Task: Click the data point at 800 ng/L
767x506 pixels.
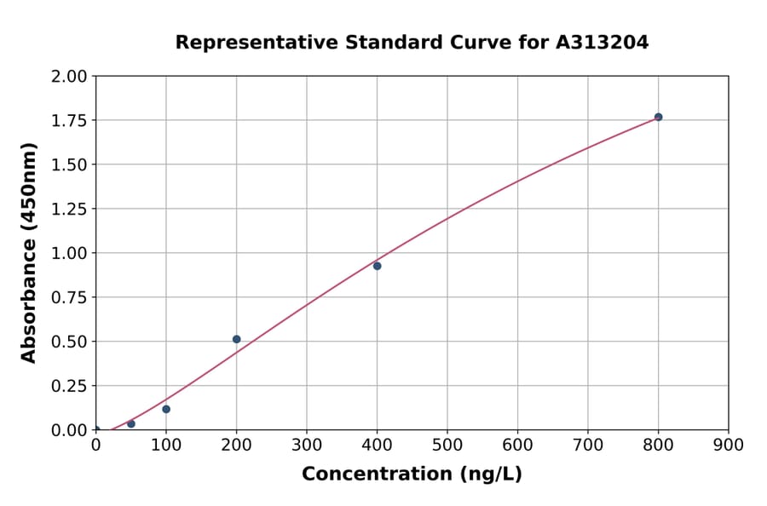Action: (x=658, y=117)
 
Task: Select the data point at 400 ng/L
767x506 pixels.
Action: (x=377, y=266)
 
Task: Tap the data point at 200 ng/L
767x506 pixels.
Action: (x=236, y=339)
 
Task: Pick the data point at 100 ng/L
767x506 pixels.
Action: (x=166, y=409)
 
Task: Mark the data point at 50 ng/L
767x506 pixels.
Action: (x=130, y=423)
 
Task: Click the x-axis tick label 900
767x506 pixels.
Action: (x=729, y=445)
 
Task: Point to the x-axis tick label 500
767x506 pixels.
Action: (x=447, y=445)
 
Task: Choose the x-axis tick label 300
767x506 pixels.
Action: (x=307, y=445)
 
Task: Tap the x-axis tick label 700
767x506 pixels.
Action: (x=588, y=445)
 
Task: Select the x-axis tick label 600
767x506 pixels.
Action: (x=517, y=445)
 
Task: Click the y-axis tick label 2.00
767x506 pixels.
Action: (x=69, y=77)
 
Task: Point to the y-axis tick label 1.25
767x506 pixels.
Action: (x=69, y=209)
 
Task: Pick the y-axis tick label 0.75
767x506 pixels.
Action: (x=69, y=297)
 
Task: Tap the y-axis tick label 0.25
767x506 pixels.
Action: (x=69, y=386)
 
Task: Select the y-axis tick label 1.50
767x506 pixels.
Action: (x=69, y=164)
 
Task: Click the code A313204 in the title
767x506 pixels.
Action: (x=603, y=43)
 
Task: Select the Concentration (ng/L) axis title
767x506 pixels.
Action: (x=412, y=474)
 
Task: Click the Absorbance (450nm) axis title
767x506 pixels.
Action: (x=29, y=253)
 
